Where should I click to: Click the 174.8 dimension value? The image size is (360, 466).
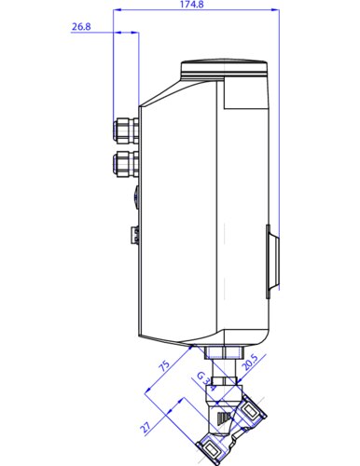[192, 5]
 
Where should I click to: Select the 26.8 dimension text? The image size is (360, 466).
[81, 27]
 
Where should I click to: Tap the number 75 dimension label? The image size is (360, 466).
[164, 366]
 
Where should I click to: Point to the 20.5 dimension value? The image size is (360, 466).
[250, 363]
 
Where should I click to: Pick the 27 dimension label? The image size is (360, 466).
[145, 428]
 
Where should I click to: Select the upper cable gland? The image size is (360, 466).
[126, 130]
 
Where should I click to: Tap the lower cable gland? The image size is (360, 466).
[126, 164]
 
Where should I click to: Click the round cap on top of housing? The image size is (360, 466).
[224, 67]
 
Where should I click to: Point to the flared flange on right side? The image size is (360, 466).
[272, 262]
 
